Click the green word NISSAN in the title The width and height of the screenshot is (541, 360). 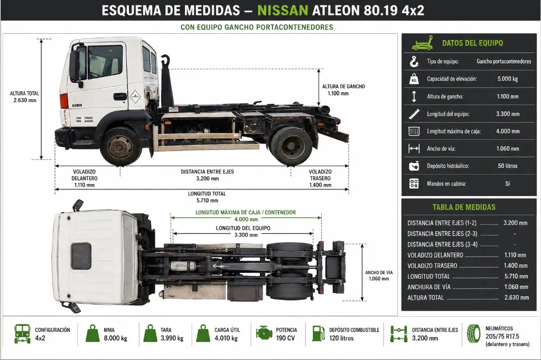[283, 11]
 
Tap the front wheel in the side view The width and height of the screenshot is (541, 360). [120, 146]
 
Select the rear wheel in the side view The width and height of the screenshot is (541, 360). [292, 146]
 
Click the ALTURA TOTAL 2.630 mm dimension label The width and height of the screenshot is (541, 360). [24, 97]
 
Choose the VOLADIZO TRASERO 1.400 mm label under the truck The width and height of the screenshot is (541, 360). [320, 178]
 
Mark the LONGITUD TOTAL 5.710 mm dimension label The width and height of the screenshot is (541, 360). [207, 197]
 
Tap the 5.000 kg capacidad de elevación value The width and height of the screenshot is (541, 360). [508, 79]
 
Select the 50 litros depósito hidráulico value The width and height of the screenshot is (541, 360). [508, 166]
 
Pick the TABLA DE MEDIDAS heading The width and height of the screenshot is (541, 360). [464, 207]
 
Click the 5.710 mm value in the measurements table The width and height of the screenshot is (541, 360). [516, 276]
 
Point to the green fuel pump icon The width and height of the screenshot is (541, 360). [319, 334]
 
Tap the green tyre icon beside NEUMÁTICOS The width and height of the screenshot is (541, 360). [474, 334]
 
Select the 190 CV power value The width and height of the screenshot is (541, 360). [285, 338]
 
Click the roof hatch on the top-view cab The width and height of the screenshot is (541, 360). [81, 256]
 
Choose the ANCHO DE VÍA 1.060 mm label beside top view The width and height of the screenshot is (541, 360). [379, 276]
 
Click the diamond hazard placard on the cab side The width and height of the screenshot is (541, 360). [135, 97]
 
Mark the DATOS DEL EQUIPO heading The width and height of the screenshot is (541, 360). [472, 43]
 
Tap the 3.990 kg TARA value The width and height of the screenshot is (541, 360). [172, 338]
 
